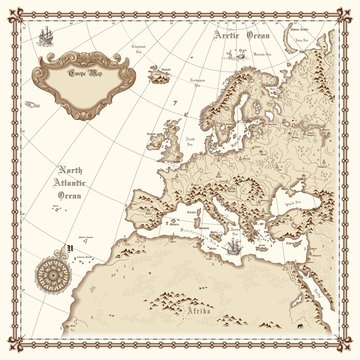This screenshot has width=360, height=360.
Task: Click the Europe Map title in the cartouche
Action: pyautogui.click(x=74, y=75)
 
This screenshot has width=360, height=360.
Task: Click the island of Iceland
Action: pyautogui.click(x=158, y=73)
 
